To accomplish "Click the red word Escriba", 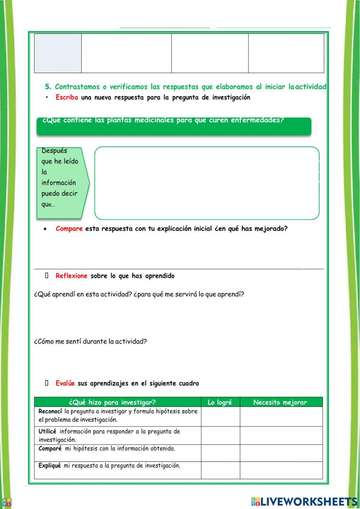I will click(67, 97).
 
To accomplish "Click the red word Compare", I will click(69, 229).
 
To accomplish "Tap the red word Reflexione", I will click(71, 276).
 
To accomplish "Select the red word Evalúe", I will click(65, 383).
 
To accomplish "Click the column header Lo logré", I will click(220, 402).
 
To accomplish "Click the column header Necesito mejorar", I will click(280, 402).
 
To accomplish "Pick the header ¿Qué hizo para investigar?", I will click(112, 402).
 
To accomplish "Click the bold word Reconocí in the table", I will click(50, 411).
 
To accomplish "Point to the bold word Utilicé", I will click(47, 431).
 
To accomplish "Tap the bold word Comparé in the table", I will click(50, 448).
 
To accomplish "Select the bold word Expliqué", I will click(49, 465).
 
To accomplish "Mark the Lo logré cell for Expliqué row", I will click(220, 470).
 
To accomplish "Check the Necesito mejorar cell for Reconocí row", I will click(281, 416).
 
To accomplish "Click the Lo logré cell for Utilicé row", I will click(220, 436).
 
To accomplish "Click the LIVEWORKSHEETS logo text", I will click(309, 501).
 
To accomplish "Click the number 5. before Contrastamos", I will click(48, 87).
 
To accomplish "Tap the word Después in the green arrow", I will click(54, 151).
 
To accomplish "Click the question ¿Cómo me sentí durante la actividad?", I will click(90, 341).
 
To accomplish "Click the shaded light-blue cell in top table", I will click(58, 53).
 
